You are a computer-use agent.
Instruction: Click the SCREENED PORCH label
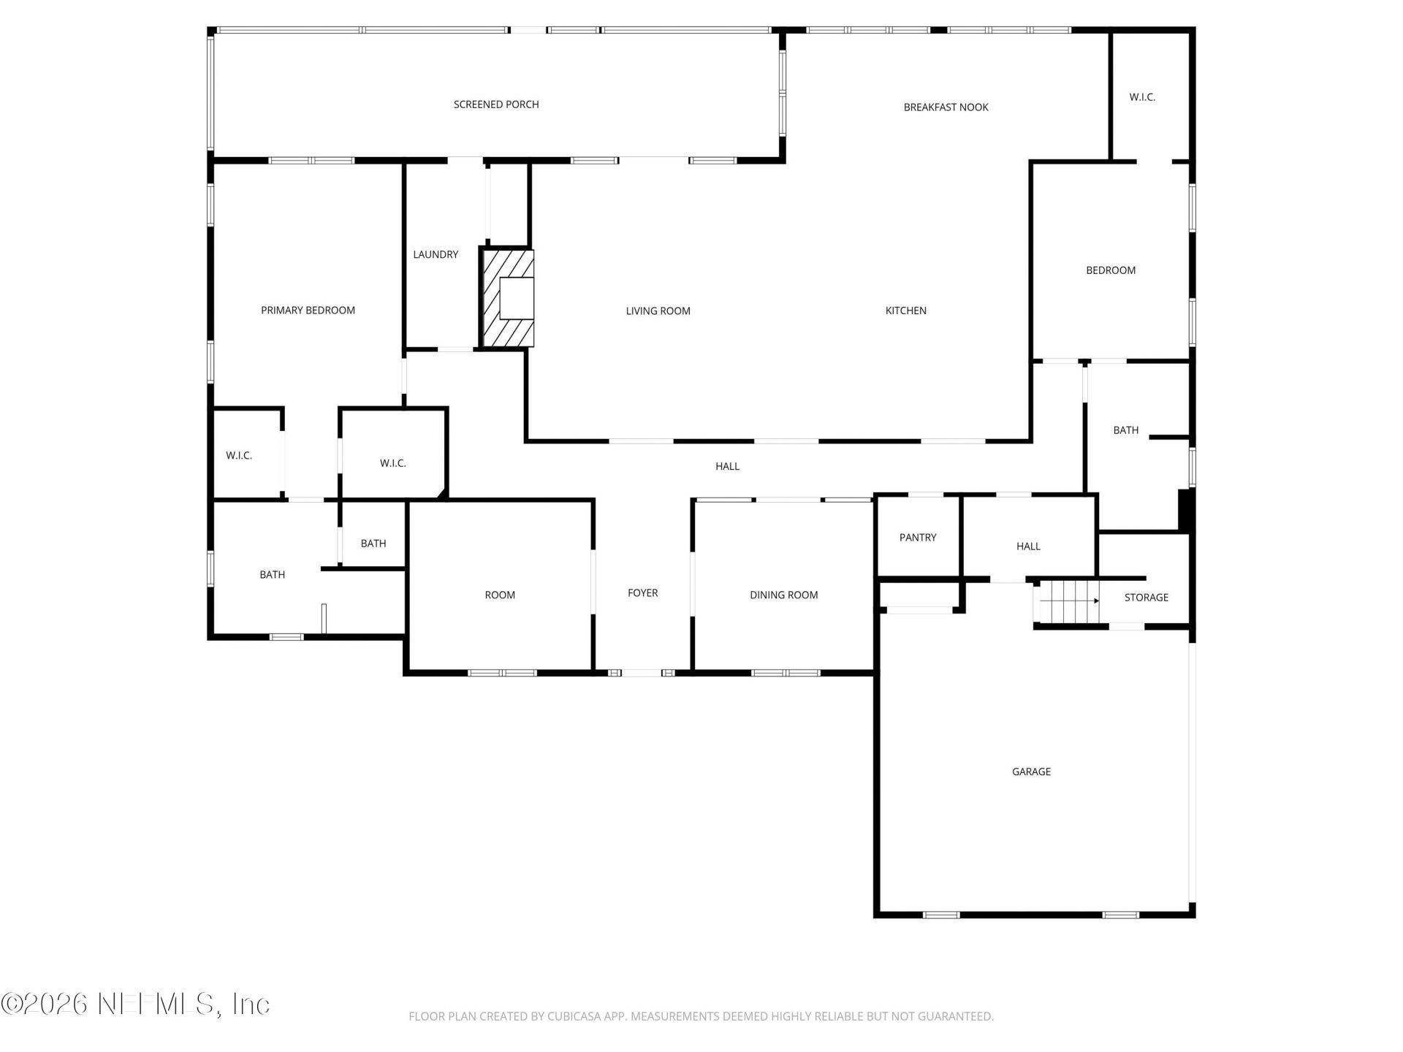click(496, 104)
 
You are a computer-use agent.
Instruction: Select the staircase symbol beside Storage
click(1069, 601)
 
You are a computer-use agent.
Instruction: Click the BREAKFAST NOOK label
click(946, 107)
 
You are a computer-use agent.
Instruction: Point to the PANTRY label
click(918, 538)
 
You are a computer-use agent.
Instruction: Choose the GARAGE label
click(1031, 771)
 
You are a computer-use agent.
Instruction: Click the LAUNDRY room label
click(436, 254)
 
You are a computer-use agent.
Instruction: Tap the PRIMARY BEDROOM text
click(308, 310)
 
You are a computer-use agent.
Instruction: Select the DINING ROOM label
click(783, 595)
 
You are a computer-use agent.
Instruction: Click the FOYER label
click(642, 593)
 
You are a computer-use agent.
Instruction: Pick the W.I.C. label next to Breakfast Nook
click(1142, 97)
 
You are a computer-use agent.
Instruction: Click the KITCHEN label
click(905, 310)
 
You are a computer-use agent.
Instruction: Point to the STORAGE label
click(1146, 598)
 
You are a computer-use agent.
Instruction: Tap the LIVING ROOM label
click(658, 311)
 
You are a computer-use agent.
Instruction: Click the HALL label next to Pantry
click(1028, 546)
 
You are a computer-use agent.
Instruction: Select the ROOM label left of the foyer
click(500, 595)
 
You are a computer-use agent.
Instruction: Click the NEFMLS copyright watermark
click(135, 1004)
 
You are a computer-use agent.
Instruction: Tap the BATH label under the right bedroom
click(1125, 430)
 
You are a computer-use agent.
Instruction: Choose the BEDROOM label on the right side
click(1110, 270)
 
